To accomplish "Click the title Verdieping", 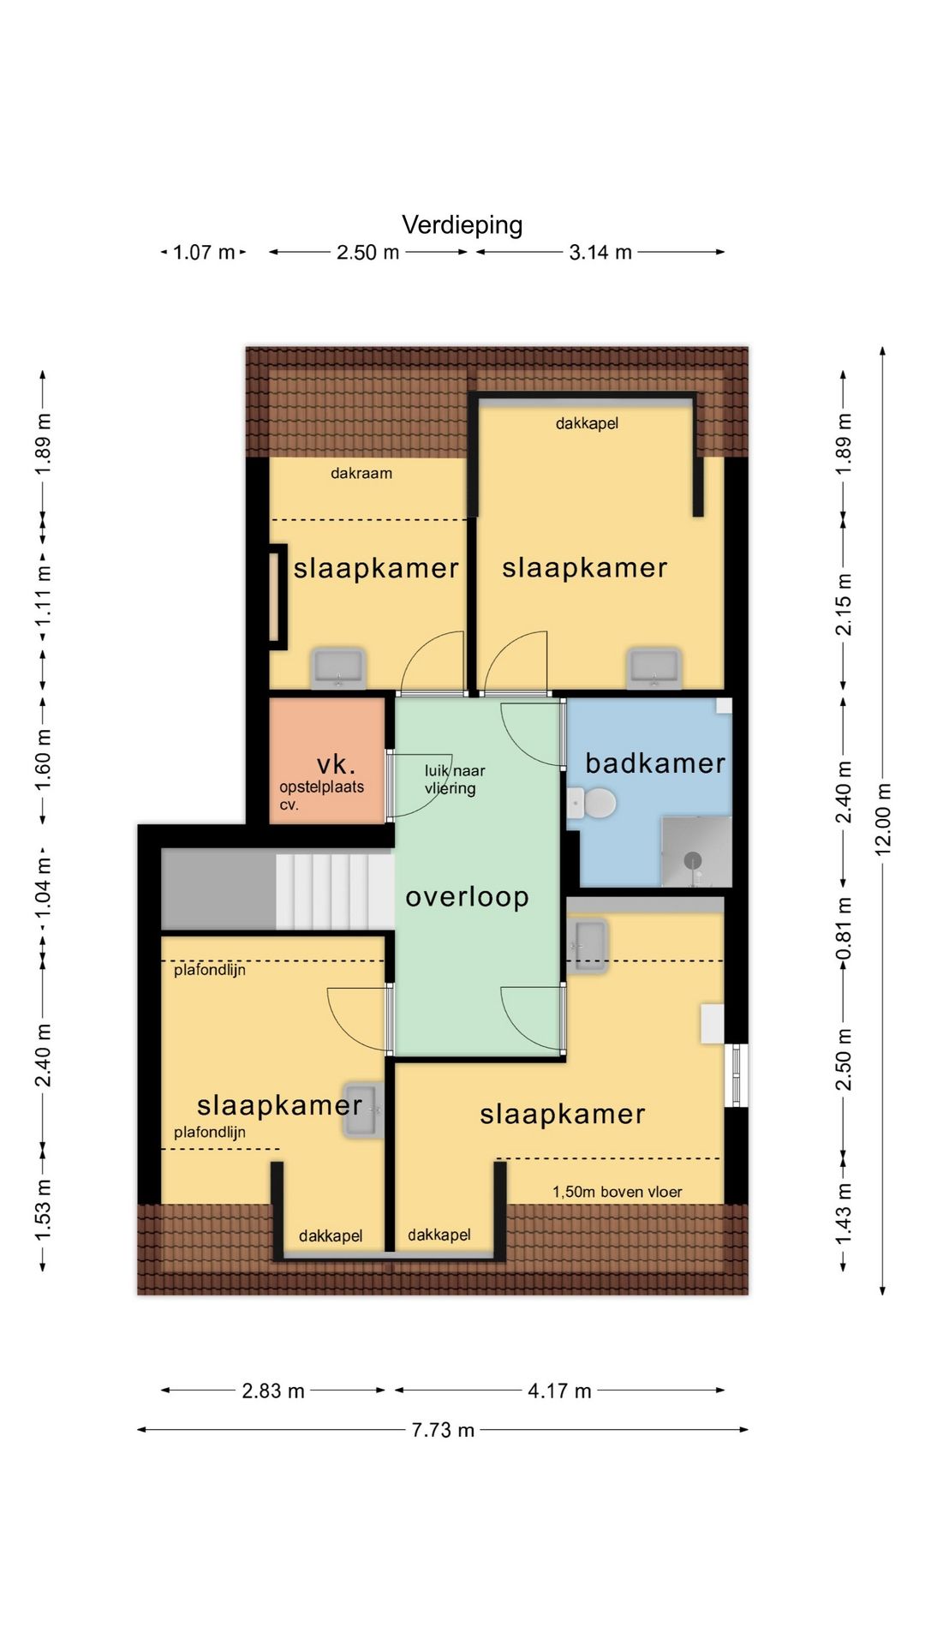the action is [x=462, y=225].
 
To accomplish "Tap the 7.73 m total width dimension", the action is [x=443, y=1430].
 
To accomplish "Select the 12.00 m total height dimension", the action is [x=883, y=820].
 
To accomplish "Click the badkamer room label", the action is [x=655, y=763].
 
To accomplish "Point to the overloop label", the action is [x=468, y=896].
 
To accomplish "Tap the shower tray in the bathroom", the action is [x=696, y=852].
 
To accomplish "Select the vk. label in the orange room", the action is [x=336, y=763].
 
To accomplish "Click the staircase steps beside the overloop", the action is [x=334, y=891].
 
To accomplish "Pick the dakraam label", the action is [x=361, y=473].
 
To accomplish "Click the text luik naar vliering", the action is [x=454, y=780].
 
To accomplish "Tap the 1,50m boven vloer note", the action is [x=618, y=1192].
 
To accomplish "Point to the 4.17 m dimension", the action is [x=559, y=1391].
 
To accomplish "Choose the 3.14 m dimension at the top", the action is [x=600, y=252].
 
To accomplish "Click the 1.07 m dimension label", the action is [x=204, y=252].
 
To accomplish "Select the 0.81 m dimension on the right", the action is [x=844, y=930].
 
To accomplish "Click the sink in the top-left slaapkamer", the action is [x=338, y=668].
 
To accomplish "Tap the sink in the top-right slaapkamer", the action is [x=654, y=668].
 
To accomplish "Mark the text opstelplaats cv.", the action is [x=321, y=795].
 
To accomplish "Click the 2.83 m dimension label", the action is [x=273, y=1391].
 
